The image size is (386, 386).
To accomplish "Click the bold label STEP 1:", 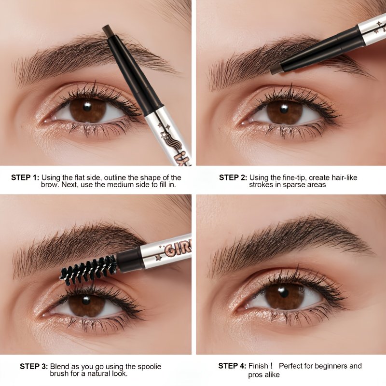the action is pyautogui.click(x=25, y=178).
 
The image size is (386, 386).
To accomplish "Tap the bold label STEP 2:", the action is pyautogui.click(x=233, y=178).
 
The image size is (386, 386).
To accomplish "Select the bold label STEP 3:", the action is pyautogui.click(x=34, y=366).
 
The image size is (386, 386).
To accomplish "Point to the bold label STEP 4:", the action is pyautogui.click(x=232, y=366).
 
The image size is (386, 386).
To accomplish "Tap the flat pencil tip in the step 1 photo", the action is pyautogui.click(x=110, y=30).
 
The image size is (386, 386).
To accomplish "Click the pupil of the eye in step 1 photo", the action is pyautogui.click(x=87, y=107).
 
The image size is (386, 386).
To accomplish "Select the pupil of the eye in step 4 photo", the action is pyautogui.click(x=284, y=293).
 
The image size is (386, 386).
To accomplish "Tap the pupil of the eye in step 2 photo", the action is pyautogui.click(x=284, y=109).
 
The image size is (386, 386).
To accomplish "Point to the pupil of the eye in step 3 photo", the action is pyautogui.click(x=86, y=300).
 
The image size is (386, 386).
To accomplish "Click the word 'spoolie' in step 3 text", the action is pyautogui.click(x=150, y=367).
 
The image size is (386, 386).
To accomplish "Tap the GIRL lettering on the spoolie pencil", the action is pyautogui.click(x=177, y=249).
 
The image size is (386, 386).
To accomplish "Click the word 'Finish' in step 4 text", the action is pyautogui.click(x=258, y=366).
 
